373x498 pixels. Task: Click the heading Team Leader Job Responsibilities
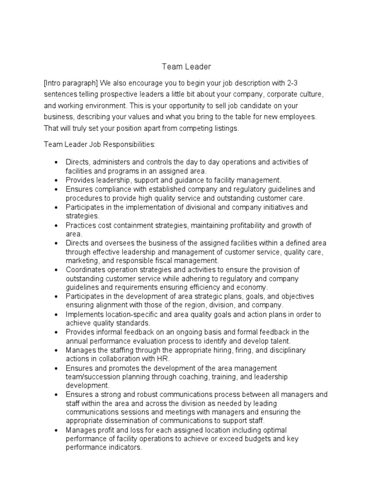pyautogui.click(x=99, y=144)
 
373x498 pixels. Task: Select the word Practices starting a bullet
pyautogui.click(x=81, y=225)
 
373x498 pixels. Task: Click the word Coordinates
pyautogui.click(x=86, y=269)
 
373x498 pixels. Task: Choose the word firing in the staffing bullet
pyautogui.click(x=233, y=350)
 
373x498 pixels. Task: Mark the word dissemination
pyautogui.click(x=132, y=421)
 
